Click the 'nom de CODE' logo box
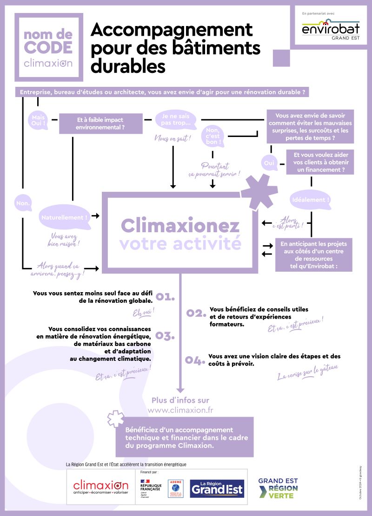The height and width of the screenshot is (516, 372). (48, 47)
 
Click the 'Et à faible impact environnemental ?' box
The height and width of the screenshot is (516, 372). (94, 123)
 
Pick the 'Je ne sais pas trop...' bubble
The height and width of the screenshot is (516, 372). (175, 120)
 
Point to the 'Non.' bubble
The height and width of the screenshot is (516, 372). (23, 203)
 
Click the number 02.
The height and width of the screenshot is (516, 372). (196, 313)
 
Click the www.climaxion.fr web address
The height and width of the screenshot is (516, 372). (180, 411)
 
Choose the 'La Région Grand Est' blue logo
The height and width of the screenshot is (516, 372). (217, 489)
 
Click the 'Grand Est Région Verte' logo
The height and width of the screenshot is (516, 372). (278, 488)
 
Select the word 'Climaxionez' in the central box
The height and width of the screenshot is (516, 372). (180, 226)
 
